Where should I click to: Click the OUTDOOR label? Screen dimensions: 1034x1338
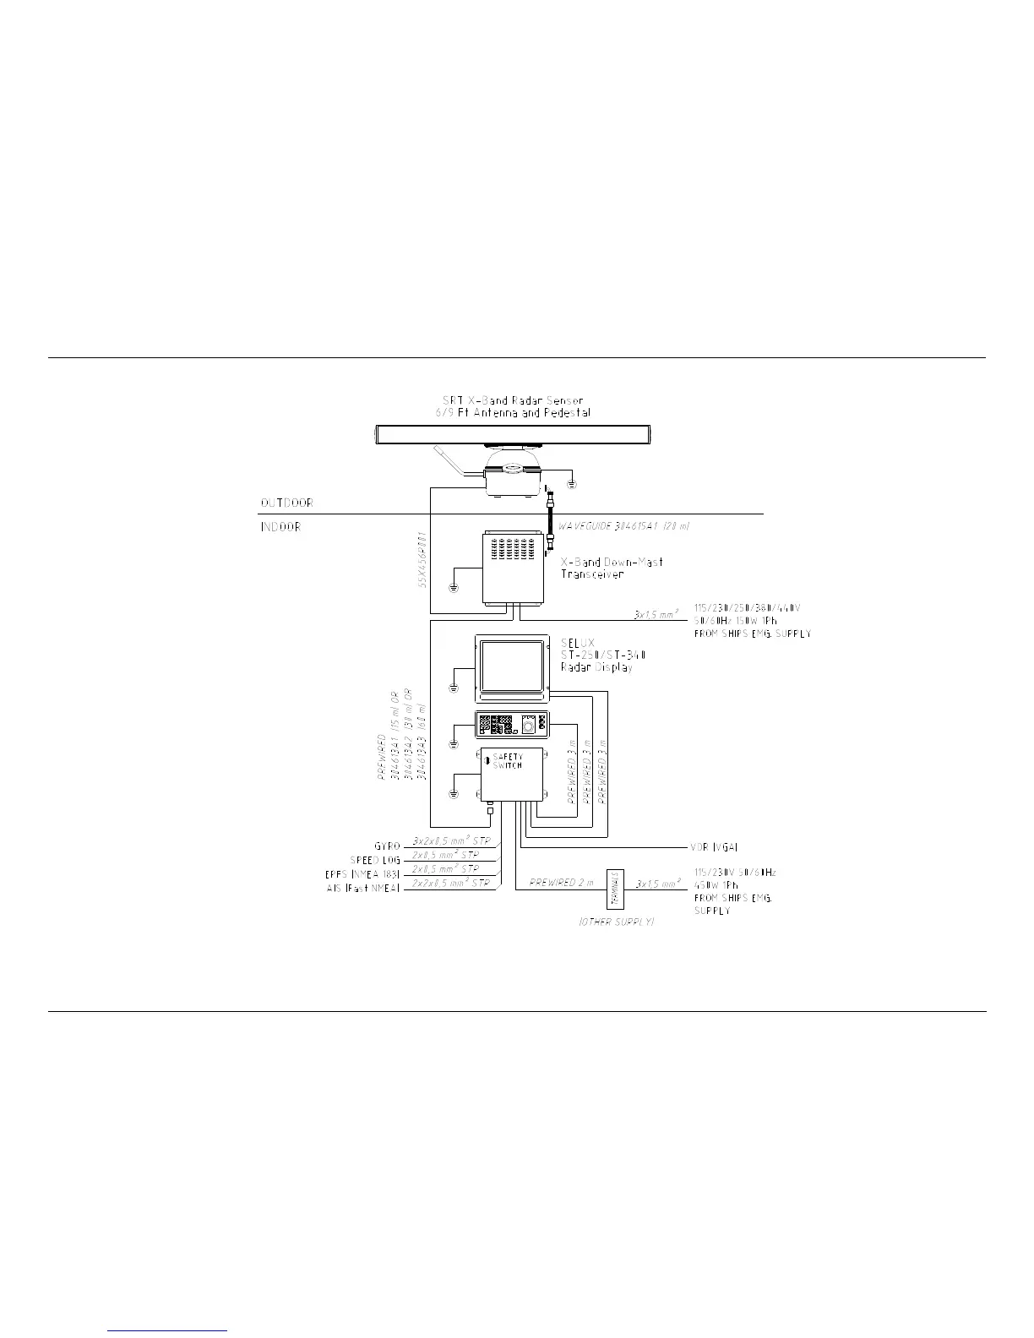coord(286,503)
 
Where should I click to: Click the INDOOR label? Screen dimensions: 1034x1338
coord(280,527)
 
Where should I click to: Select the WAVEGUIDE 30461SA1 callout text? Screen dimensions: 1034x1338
coord(624,526)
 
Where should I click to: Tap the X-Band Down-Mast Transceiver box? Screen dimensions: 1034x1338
coord(514,567)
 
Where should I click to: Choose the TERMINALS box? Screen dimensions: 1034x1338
coord(614,889)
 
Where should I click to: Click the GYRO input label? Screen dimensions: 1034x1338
coord(387,846)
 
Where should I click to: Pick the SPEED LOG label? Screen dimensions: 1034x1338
coord(375,860)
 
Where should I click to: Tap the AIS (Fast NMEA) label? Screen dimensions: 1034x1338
coord(363,889)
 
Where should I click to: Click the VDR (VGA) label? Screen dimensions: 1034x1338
coord(708,846)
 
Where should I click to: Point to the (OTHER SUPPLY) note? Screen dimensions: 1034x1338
coord(617,922)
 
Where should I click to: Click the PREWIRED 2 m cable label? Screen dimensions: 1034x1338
coord(562,883)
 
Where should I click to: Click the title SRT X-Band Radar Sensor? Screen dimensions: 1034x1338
coord(514,400)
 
